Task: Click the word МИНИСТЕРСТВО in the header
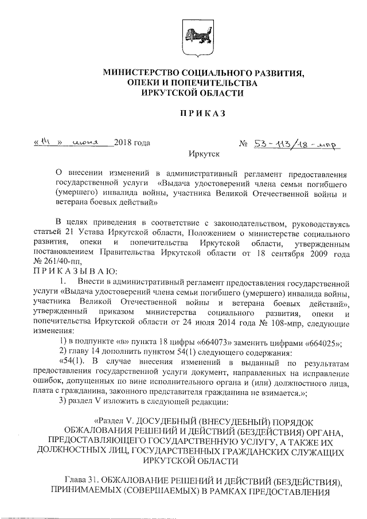[137, 73]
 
